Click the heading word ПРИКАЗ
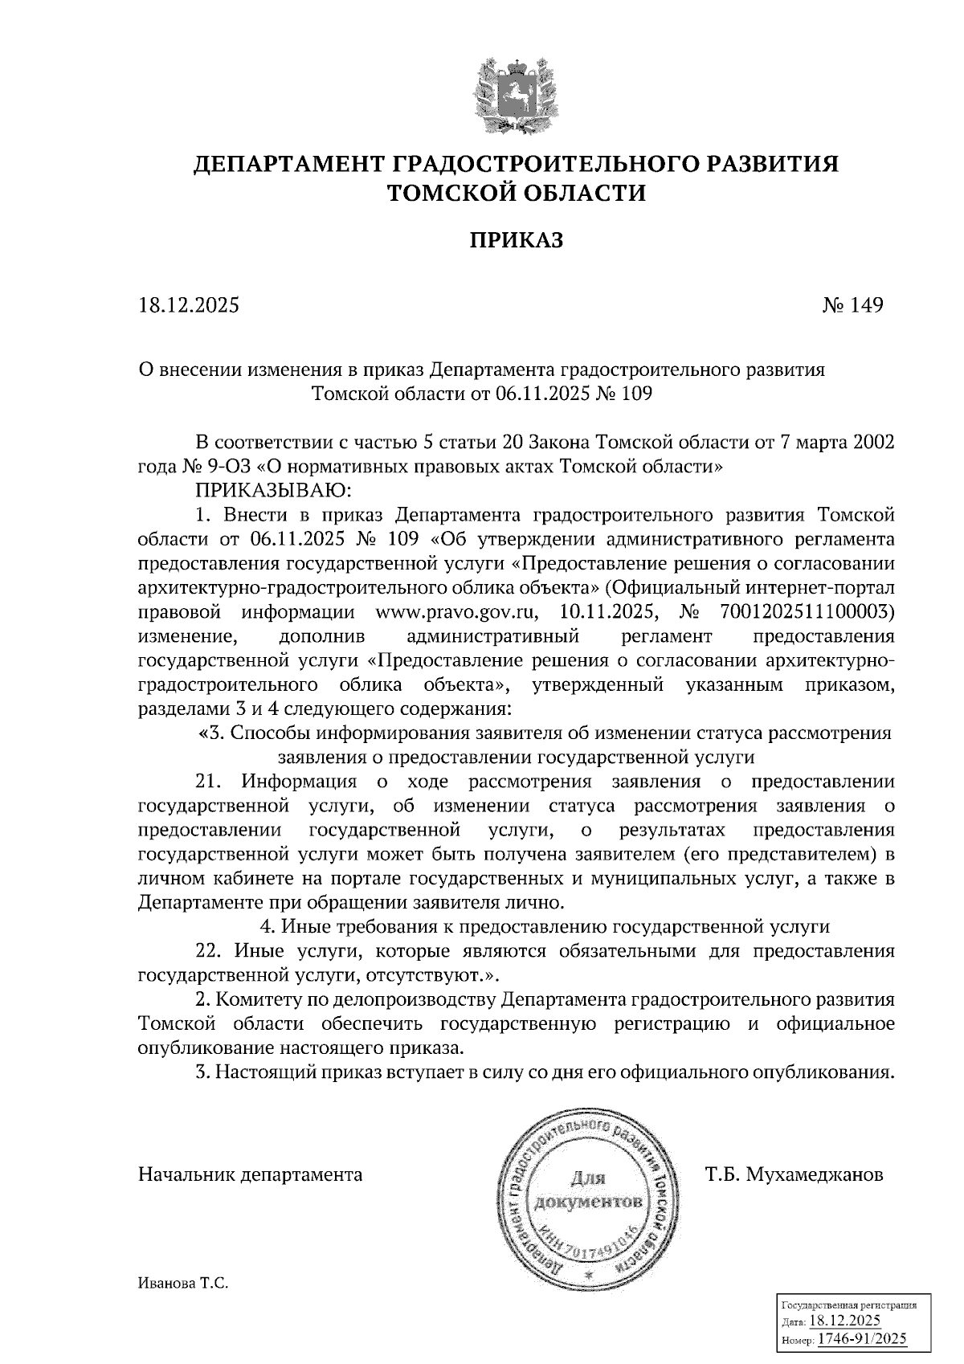(516, 240)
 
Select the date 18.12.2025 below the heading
(189, 305)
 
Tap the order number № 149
(852, 305)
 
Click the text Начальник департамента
(250, 1174)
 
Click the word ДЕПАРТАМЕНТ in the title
(288, 165)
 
